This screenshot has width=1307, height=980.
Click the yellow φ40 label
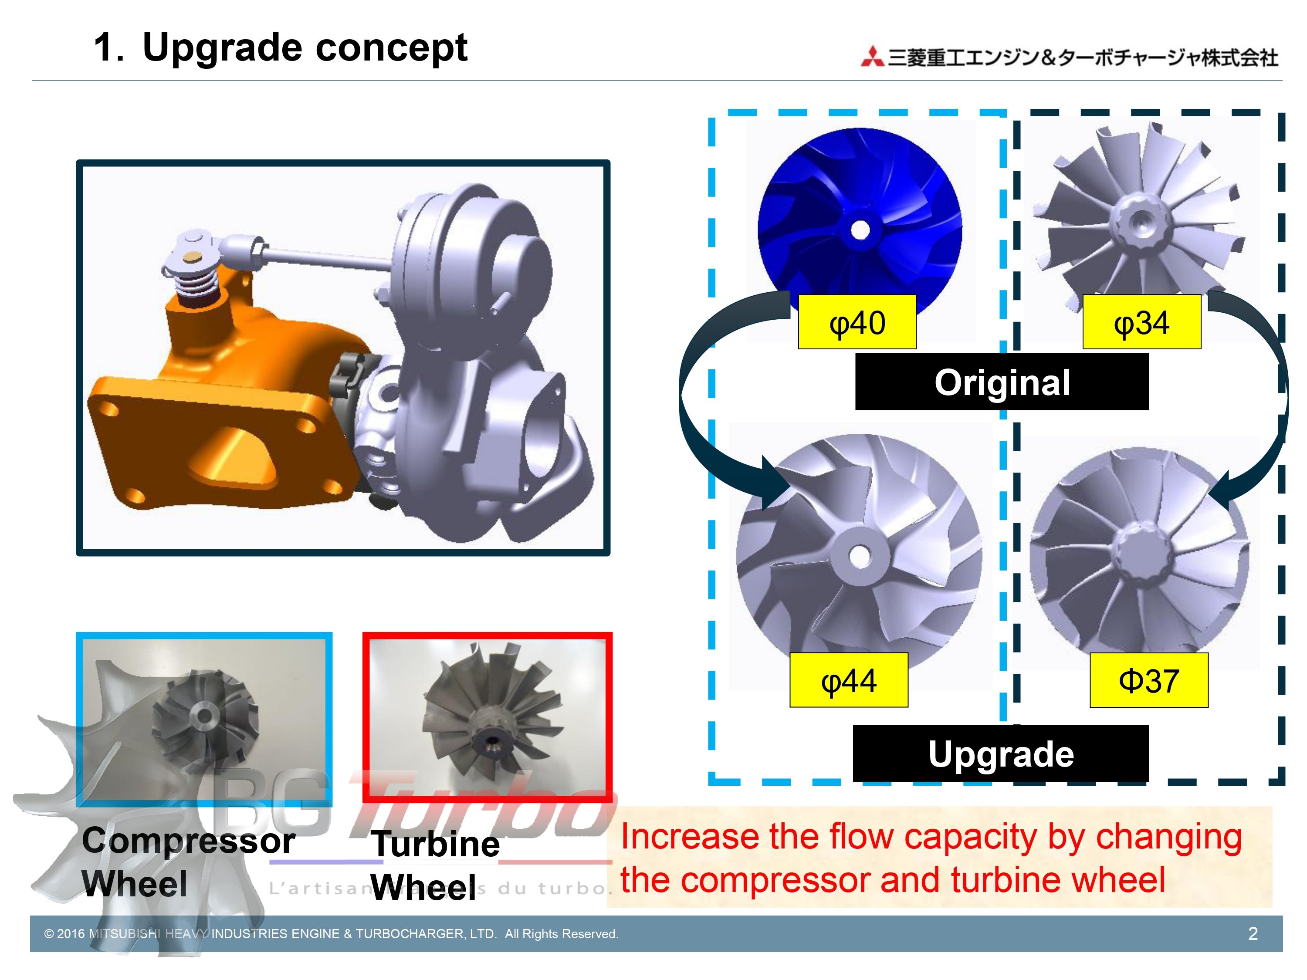tap(857, 322)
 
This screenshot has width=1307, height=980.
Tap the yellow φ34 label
tap(1141, 322)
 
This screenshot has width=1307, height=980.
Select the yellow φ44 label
tap(849, 680)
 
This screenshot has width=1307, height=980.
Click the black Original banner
tap(1002, 382)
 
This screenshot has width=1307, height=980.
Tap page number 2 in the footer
tap(1253, 933)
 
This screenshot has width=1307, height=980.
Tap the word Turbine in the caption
tap(436, 844)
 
